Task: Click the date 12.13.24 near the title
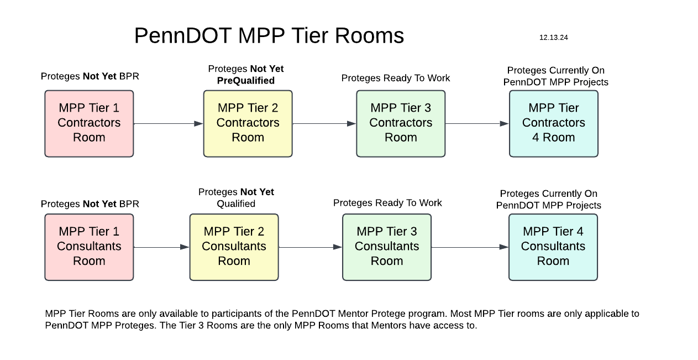[553, 38]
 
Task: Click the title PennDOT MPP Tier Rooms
[269, 36]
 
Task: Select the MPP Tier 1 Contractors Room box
[89, 123]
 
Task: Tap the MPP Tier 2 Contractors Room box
[248, 123]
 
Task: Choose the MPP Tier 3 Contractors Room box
[401, 123]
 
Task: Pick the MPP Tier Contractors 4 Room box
[553, 123]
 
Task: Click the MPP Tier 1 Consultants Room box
[89, 247]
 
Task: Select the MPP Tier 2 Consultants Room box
[234, 247]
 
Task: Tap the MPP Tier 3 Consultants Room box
[386, 247]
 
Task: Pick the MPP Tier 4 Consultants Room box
[553, 247]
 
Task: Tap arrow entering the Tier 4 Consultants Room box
[470, 247]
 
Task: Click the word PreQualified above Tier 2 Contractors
[245, 81]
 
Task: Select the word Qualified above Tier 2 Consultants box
[236, 204]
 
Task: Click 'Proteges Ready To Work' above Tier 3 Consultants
[387, 203]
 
